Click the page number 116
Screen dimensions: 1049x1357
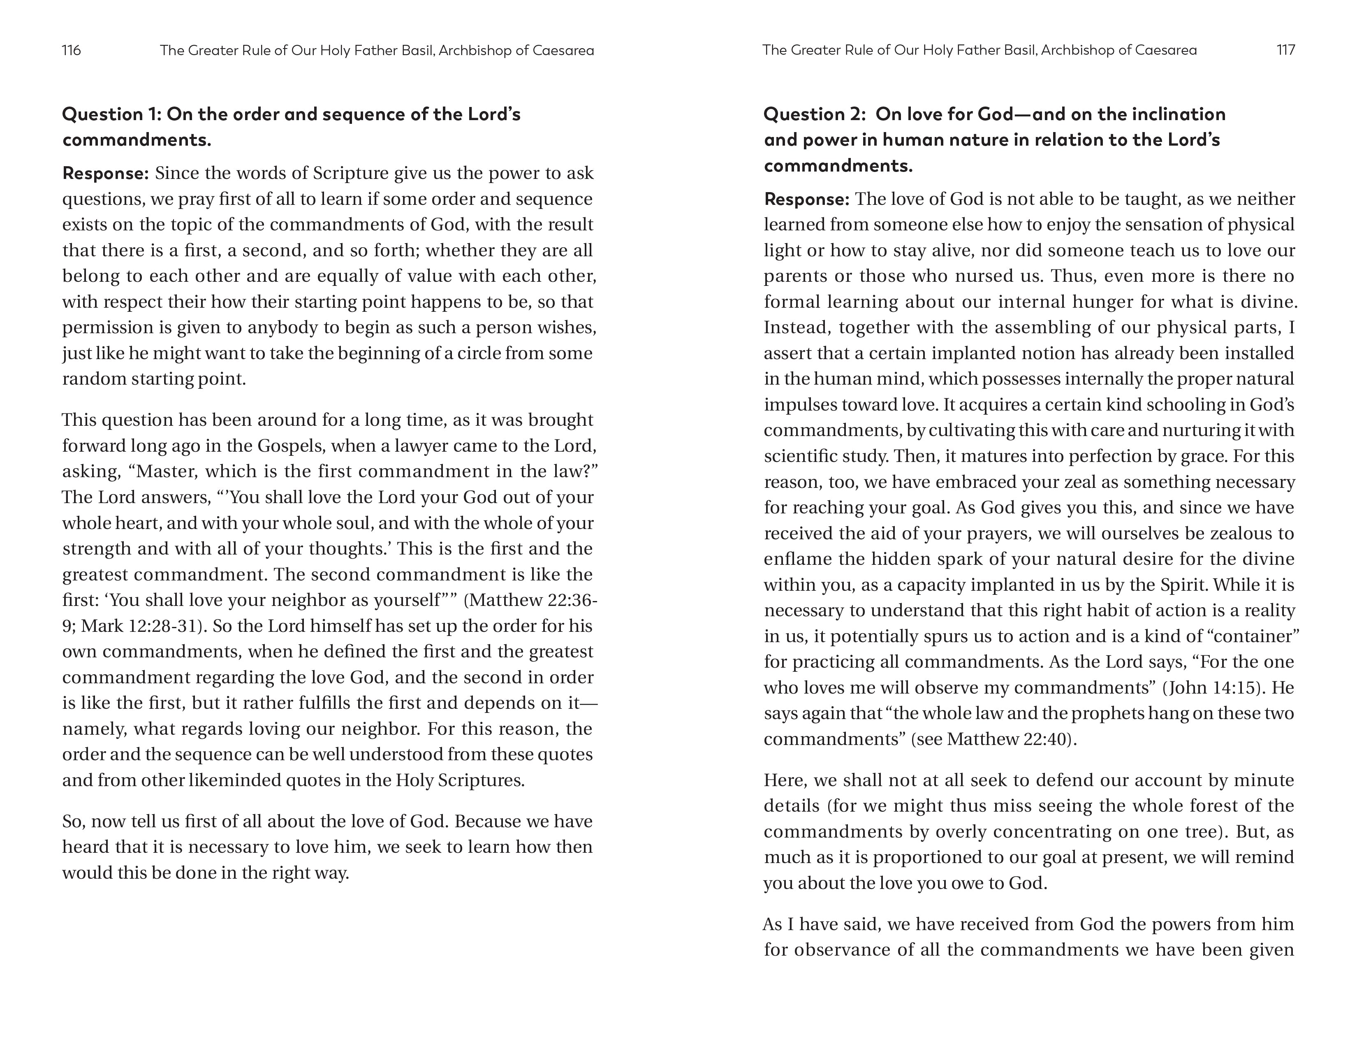click(72, 50)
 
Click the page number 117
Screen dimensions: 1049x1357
click(1285, 50)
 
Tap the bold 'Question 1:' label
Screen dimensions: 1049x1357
click(112, 114)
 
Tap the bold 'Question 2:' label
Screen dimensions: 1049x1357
click(814, 114)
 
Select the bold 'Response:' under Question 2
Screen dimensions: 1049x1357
click(806, 200)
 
